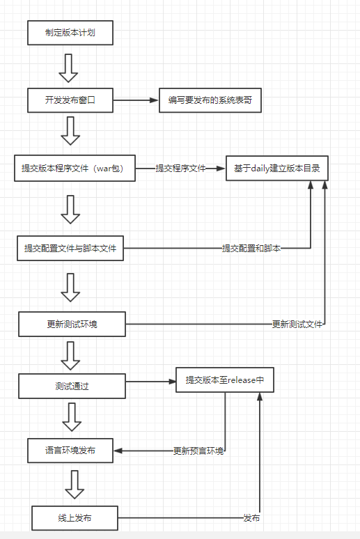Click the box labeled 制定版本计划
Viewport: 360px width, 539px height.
click(x=69, y=32)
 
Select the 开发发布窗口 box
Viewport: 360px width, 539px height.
click(x=70, y=100)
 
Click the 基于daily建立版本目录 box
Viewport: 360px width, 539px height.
click(x=276, y=169)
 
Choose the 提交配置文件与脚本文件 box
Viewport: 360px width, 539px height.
click(x=70, y=248)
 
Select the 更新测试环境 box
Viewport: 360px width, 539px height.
click(x=72, y=324)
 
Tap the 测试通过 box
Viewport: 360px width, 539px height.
click(x=72, y=386)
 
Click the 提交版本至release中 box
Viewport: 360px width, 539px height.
click(x=225, y=380)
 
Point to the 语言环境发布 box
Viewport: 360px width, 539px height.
click(x=70, y=450)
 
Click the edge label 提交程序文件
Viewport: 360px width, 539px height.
click(x=180, y=169)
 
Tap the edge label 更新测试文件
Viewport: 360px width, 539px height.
click(x=298, y=324)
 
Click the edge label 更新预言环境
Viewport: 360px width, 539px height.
click(x=198, y=451)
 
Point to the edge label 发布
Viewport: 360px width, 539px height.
click(x=251, y=518)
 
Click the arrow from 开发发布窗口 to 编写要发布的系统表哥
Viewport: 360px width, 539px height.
click(x=136, y=100)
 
